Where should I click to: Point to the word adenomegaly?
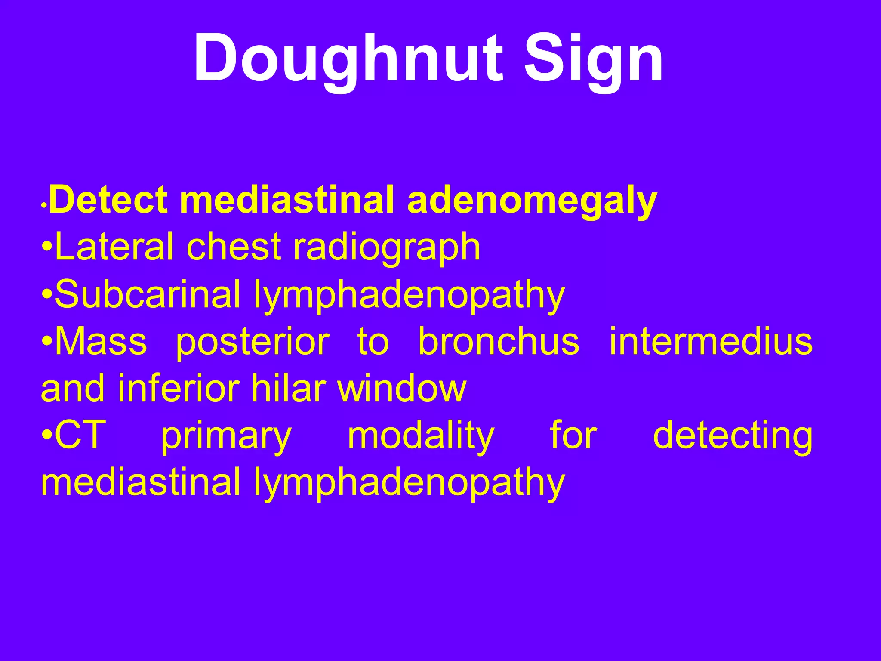532,200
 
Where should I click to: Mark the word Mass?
101,341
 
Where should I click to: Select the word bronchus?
499,341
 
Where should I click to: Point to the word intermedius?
711,341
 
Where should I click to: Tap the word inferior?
178,388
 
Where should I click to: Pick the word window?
402,388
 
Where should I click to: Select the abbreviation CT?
80,435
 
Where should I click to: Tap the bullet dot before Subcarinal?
47,295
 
